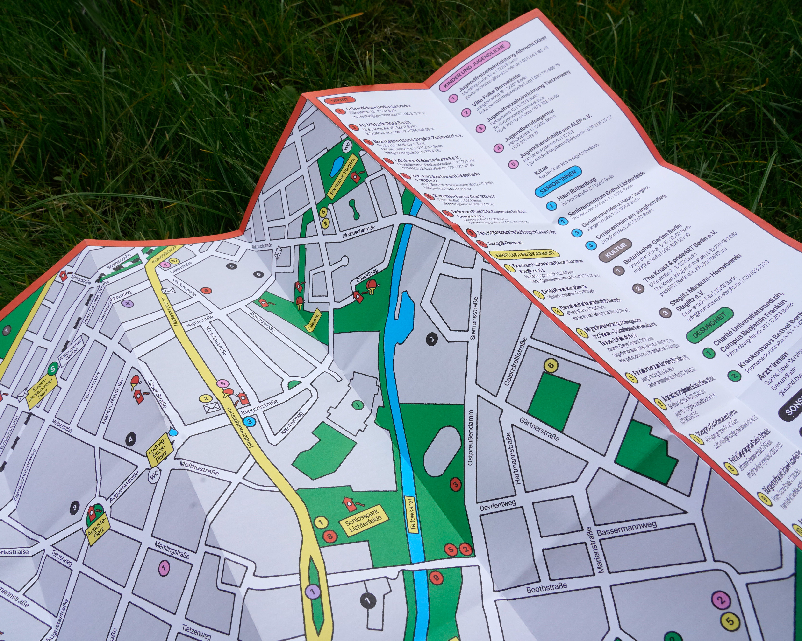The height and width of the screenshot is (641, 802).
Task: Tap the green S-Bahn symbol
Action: pyautogui.click(x=53, y=369)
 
